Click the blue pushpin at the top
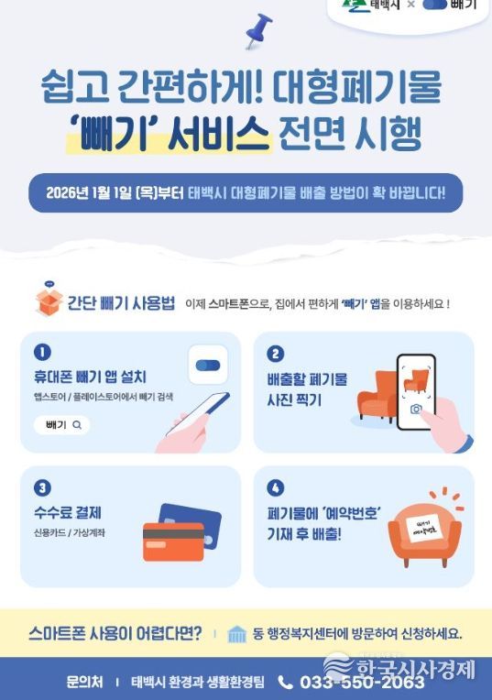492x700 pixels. point(258,30)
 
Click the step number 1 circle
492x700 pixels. point(42,352)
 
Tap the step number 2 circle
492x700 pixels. point(276,354)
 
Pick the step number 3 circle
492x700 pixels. point(42,488)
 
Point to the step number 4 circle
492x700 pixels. point(276,488)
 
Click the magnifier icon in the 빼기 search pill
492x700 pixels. point(77,425)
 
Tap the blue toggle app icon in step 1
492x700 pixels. point(208,366)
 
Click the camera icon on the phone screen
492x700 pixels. point(416,409)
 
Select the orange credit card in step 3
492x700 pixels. point(173,542)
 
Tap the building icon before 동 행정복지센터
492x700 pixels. point(236,634)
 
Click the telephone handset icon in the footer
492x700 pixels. point(285,683)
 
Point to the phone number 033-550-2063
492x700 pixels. point(362,683)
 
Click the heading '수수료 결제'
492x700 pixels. point(68,512)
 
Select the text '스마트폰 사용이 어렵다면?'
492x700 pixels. point(115,633)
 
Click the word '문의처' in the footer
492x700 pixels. point(84,683)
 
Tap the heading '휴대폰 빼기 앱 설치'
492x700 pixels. point(90,377)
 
